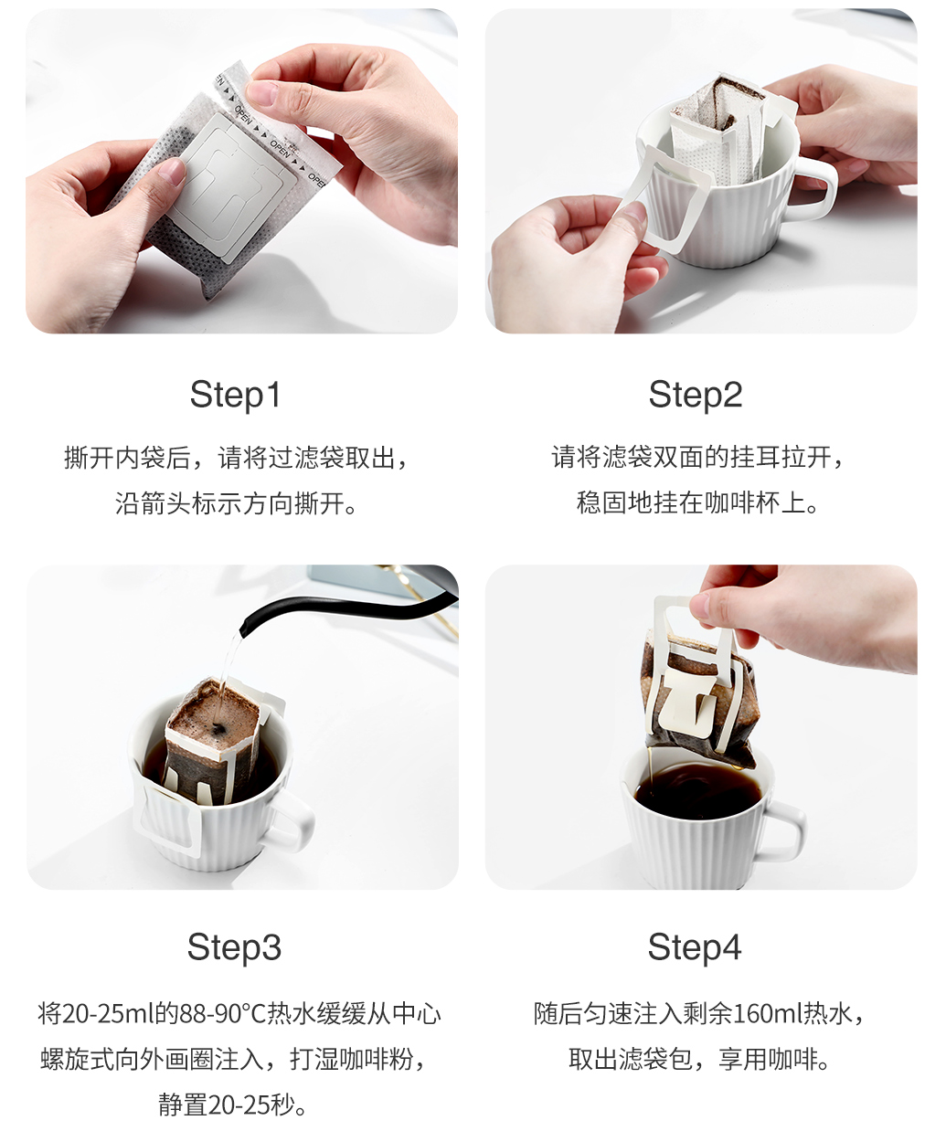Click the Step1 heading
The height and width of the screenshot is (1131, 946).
(235, 396)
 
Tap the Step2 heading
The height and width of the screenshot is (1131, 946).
(695, 396)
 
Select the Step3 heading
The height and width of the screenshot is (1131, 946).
(234, 947)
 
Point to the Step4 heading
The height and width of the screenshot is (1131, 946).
(695, 947)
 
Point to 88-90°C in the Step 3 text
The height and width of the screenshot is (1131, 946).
(223, 1014)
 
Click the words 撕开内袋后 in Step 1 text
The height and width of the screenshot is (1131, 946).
(127, 458)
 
